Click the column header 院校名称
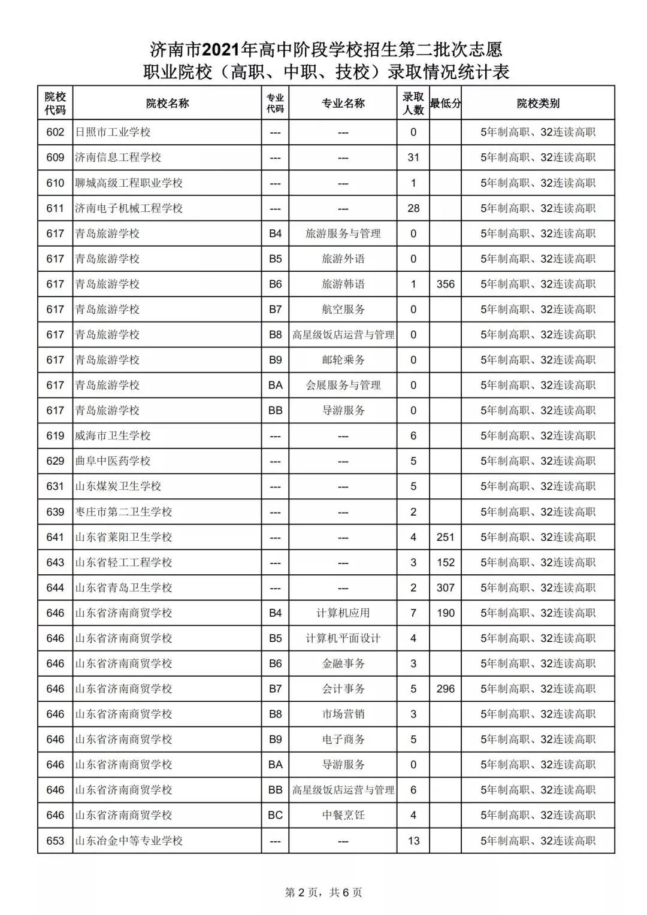click(167, 103)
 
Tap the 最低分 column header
click(445, 103)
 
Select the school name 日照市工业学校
click(113, 132)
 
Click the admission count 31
click(413, 157)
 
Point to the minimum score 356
click(445, 284)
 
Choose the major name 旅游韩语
click(343, 284)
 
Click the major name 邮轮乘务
click(343, 360)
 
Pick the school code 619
click(55, 436)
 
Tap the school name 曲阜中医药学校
click(113, 461)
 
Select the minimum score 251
click(445, 537)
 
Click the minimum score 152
click(445, 562)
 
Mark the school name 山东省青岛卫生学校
click(123, 588)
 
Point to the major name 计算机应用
click(343, 613)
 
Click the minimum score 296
click(445, 689)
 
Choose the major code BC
click(275, 815)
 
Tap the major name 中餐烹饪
click(343, 815)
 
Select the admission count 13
click(413, 841)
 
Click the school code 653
click(55, 841)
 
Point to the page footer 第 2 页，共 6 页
click(323, 892)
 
